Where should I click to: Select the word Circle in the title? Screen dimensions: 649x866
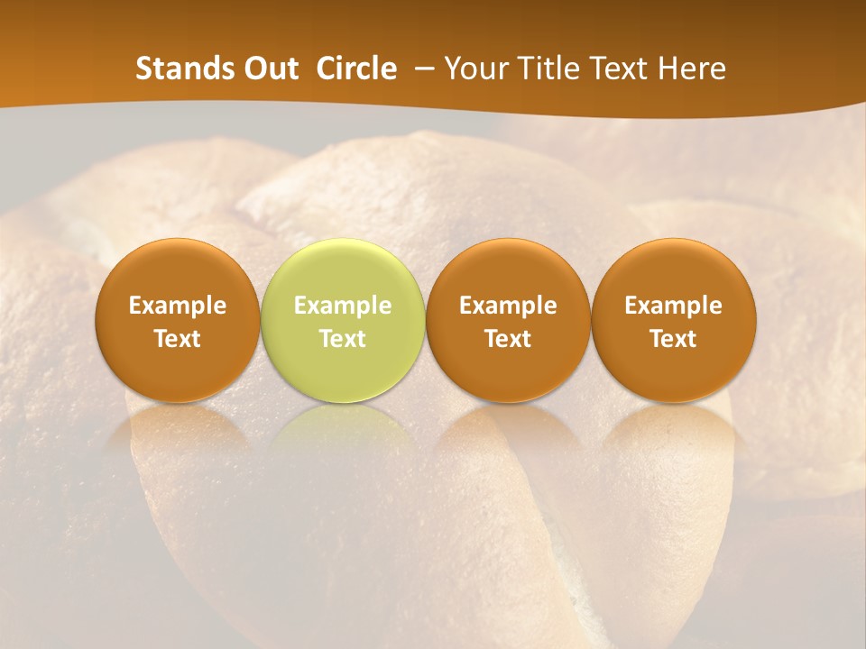point(356,69)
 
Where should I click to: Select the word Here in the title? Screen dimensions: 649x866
point(694,69)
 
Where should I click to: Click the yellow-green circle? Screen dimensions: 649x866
point(343,320)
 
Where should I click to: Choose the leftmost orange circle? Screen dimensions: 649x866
point(178,320)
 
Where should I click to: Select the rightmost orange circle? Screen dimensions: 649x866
point(673,320)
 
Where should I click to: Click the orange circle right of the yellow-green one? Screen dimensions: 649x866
point(508,320)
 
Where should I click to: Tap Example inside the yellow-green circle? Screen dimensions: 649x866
point(343,306)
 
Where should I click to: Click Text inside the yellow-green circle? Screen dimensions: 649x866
point(343,339)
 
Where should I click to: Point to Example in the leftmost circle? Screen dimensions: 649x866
point(178,306)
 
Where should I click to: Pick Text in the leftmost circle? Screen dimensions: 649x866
point(178,339)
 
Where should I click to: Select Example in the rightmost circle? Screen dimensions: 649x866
point(673,306)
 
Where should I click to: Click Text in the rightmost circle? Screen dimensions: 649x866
point(673,339)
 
